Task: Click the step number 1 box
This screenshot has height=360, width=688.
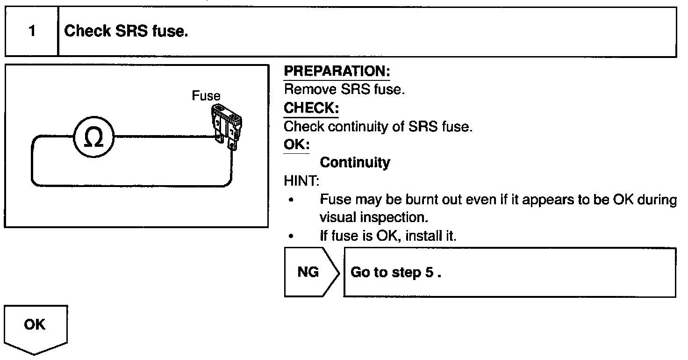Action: [x=31, y=32]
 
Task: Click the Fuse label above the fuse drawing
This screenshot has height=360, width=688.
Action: [x=206, y=96]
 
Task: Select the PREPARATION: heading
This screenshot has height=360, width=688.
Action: [x=337, y=72]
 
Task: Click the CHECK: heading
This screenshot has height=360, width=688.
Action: [x=311, y=108]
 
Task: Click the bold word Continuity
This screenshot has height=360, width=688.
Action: [x=355, y=163]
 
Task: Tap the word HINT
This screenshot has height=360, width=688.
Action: [x=299, y=181]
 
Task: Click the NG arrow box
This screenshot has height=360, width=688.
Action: [x=310, y=273]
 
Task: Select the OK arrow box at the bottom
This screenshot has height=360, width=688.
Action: [x=36, y=326]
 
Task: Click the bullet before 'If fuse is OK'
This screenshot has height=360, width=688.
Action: [x=291, y=237]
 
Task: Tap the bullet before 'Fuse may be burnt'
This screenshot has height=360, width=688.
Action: [x=291, y=200]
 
